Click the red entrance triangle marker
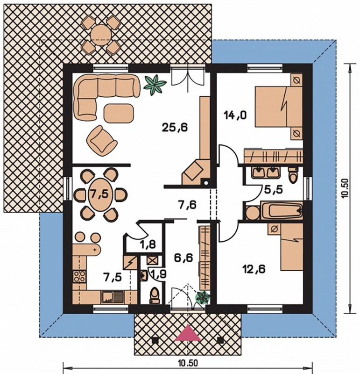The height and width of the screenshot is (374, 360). pyautogui.click(x=188, y=333)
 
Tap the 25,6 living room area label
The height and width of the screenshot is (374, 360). pyautogui.click(x=175, y=127)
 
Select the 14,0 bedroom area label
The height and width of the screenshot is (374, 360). pyautogui.click(x=235, y=115)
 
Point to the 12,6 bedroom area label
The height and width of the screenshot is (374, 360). pyautogui.click(x=254, y=269)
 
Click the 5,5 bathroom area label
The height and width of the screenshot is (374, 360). pyautogui.click(x=273, y=190)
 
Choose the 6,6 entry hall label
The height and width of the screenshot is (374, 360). pyautogui.click(x=184, y=258)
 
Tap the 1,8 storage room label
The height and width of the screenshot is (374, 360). pyautogui.click(x=148, y=245)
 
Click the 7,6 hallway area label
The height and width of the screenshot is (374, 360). pyautogui.click(x=187, y=205)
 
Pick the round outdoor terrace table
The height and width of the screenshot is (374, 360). pyautogui.click(x=101, y=35)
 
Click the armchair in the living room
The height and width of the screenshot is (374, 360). pyautogui.click(x=102, y=141)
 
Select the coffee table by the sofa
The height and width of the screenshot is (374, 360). pyautogui.click(x=119, y=113)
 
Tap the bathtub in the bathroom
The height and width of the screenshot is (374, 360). pyautogui.click(x=282, y=210)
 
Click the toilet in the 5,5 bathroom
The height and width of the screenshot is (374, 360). pyautogui.click(x=293, y=175)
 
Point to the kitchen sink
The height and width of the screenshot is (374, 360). pyautogui.click(x=112, y=297)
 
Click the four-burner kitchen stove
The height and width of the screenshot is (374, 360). pyautogui.click(x=79, y=277)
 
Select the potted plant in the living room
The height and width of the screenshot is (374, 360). pyautogui.click(x=155, y=84)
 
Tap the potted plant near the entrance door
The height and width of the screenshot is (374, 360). pyautogui.click(x=203, y=297)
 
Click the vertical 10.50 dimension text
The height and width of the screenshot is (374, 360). pyautogui.click(x=346, y=188)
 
